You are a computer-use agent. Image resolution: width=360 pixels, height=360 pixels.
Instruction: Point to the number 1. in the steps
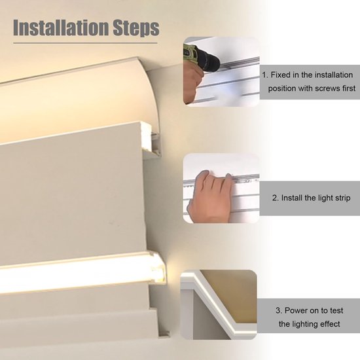point(266,75)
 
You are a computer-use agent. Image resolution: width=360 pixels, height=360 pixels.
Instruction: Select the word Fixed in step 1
point(283,75)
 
